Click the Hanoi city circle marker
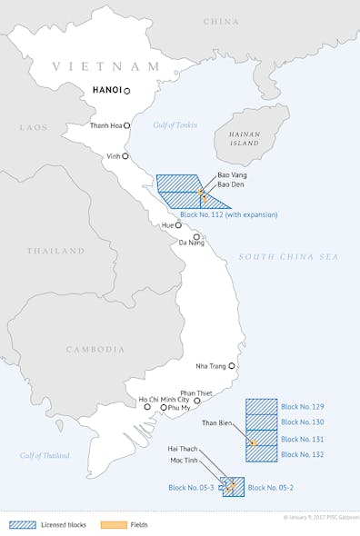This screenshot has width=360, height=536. (x=127, y=91)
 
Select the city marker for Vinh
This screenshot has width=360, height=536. (x=125, y=156)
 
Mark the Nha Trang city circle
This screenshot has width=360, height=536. (x=232, y=366)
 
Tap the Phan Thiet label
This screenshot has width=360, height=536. (x=195, y=392)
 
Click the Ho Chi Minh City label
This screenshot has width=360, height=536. (x=164, y=400)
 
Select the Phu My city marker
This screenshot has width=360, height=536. (x=164, y=408)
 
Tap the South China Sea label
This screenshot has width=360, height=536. (x=288, y=257)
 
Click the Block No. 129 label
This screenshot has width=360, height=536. (x=302, y=406)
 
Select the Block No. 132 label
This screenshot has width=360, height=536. (x=302, y=453)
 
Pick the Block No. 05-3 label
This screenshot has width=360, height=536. (x=191, y=488)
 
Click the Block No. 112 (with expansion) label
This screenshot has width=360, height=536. (x=229, y=215)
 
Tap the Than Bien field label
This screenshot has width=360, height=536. (x=218, y=422)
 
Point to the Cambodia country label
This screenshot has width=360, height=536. (x=95, y=349)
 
